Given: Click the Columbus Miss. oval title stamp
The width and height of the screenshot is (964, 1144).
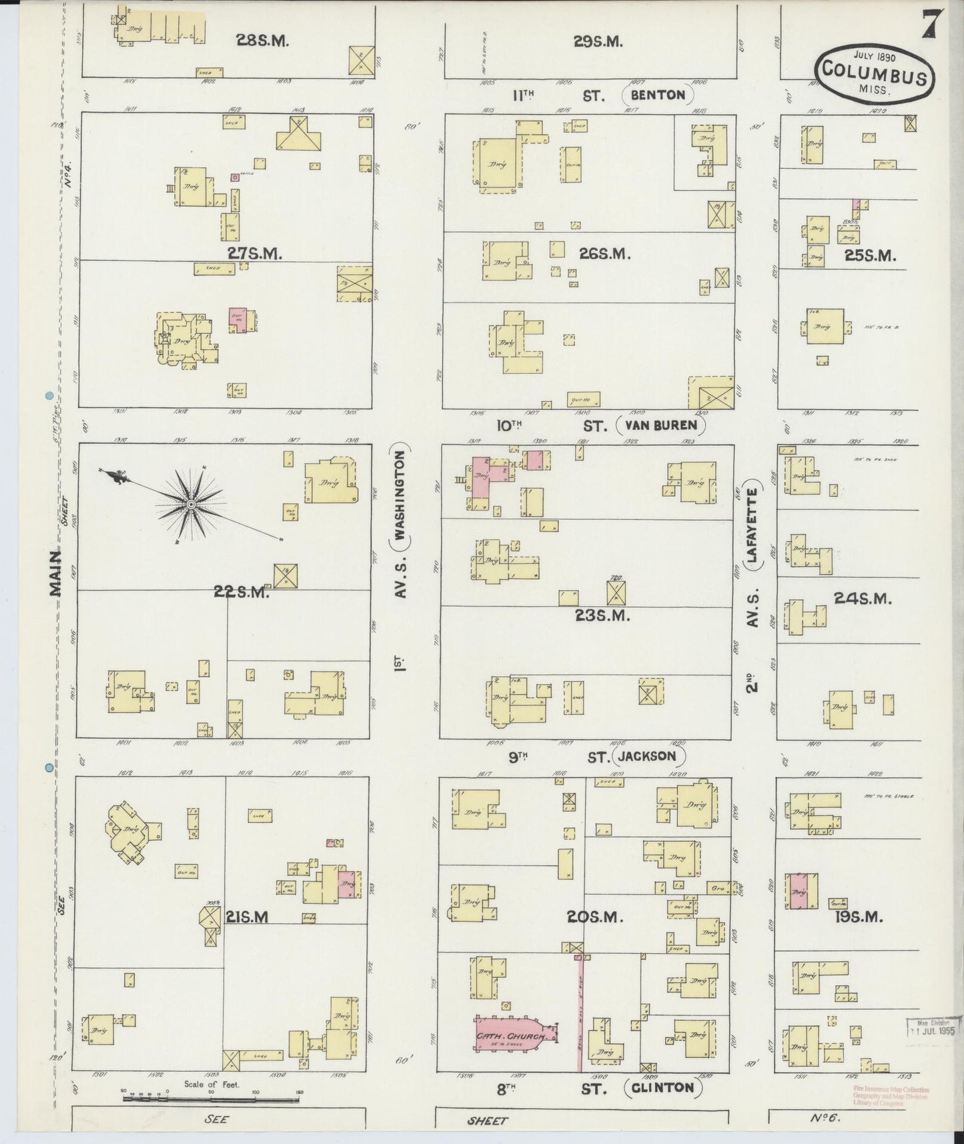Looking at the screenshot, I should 873,75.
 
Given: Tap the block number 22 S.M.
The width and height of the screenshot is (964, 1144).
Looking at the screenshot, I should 242,591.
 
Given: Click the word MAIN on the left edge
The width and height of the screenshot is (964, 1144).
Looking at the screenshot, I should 56,572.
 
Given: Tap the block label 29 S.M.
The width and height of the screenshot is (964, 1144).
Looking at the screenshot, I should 598,41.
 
